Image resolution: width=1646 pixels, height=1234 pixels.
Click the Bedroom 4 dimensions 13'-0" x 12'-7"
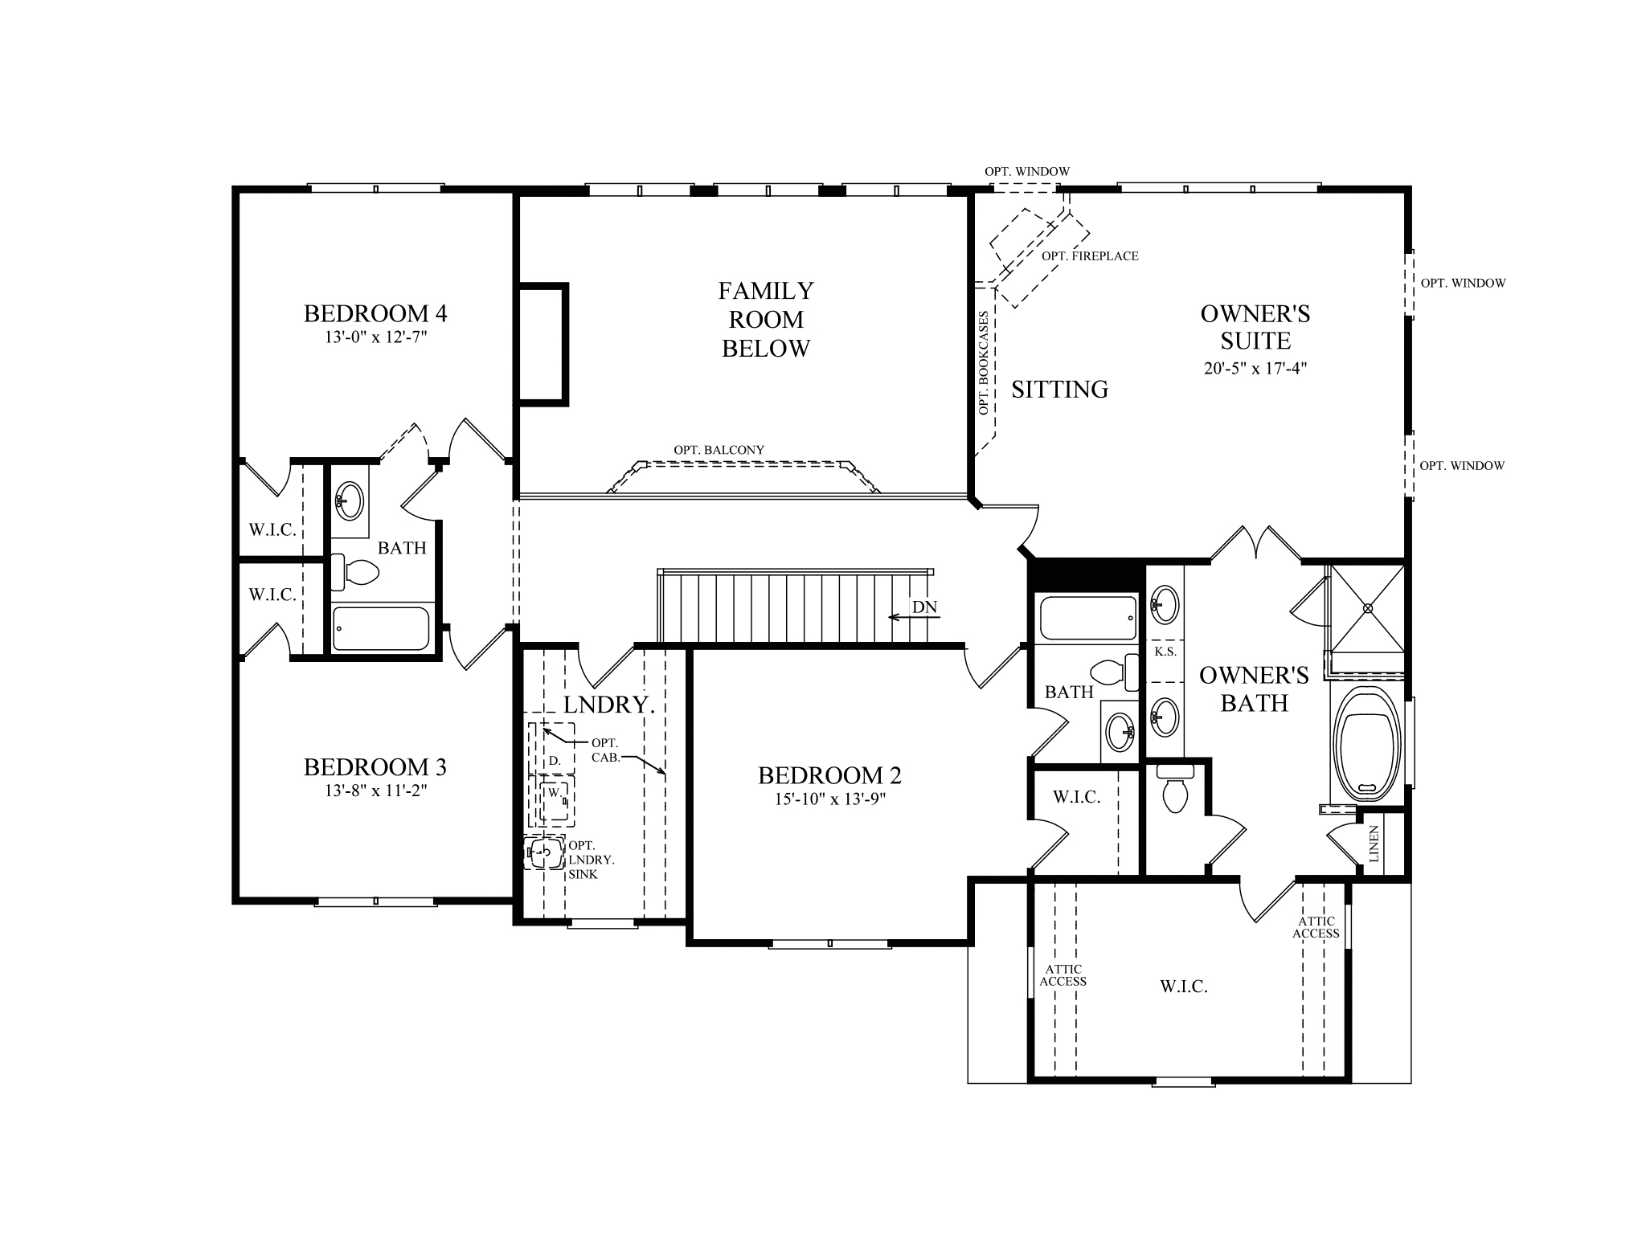coord(375,337)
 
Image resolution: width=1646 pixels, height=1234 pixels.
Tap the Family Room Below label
coord(766,319)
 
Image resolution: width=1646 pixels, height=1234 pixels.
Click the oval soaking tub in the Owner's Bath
coord(1367,744)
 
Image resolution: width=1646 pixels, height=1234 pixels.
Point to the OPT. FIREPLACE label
coord(1090,256)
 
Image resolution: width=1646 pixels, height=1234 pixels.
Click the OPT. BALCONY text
coord(719,450)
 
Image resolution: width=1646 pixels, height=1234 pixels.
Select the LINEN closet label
coord(1374,844)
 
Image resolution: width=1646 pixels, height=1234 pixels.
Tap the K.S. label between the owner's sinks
coord(1165,652)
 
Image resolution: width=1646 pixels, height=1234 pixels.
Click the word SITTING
coord(1059,390)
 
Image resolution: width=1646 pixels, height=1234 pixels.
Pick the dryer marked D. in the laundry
coord(554,759)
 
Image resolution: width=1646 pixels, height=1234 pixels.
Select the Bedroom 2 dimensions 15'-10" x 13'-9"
coord(829,799)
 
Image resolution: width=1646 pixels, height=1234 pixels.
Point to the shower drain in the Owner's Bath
coord(1367,608)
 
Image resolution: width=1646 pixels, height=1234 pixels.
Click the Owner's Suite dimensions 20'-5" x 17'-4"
coord(1255,369)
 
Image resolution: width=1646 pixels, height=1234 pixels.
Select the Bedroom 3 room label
coord(375,767)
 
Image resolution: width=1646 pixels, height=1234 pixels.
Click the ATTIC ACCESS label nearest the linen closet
coord(1316,927)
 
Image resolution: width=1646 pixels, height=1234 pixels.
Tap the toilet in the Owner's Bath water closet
coord(1175,789)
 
